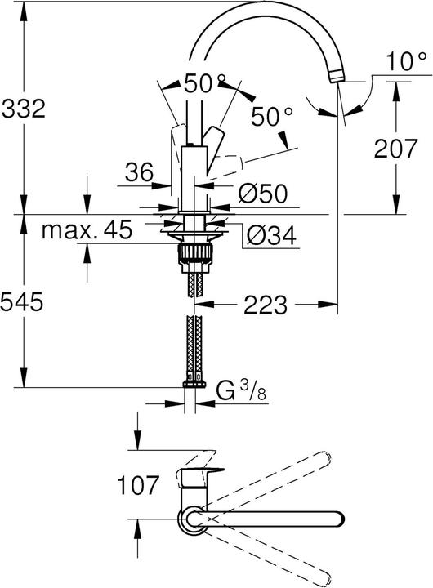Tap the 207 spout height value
point(396,148)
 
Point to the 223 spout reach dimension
point(264,305)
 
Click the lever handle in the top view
point(201,473)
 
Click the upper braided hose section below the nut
point(194,283)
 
